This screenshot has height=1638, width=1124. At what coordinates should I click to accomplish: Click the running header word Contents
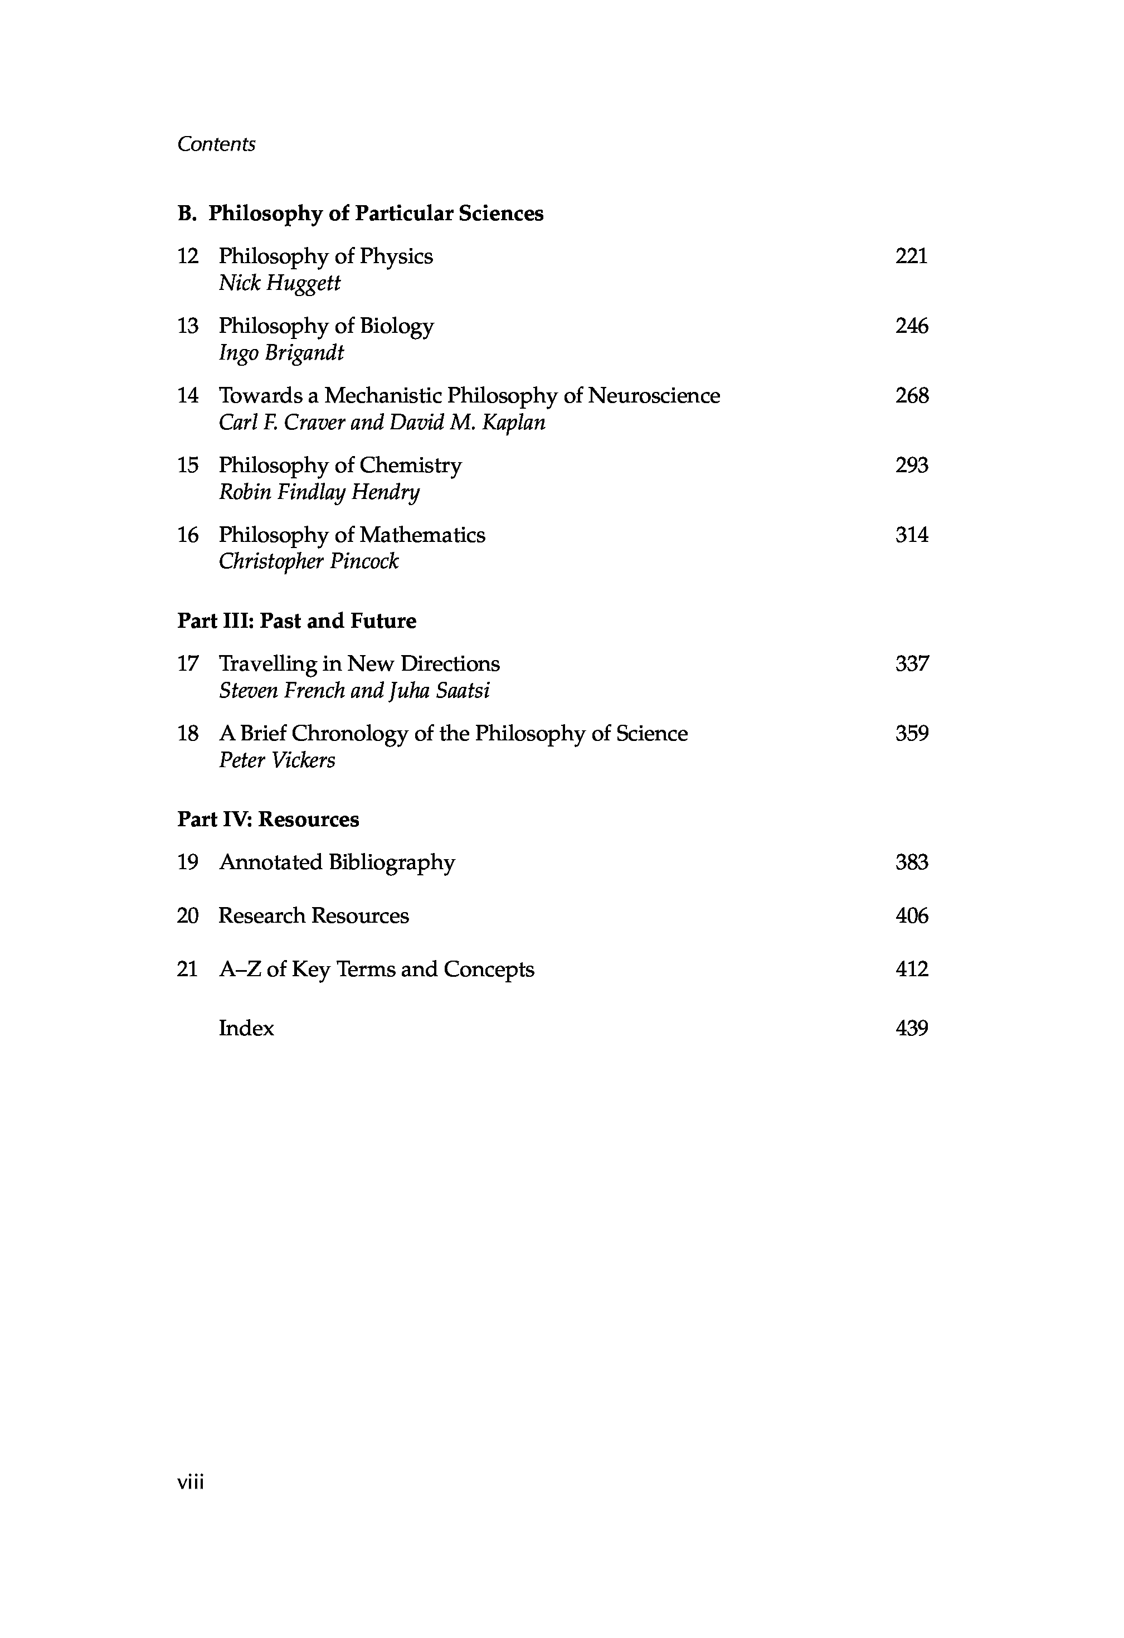click(216, 144)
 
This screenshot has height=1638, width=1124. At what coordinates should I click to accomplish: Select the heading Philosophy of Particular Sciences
click(376, 213)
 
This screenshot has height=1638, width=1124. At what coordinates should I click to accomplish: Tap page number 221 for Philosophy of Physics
click(911, 256)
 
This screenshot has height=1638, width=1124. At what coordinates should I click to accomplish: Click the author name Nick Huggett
click(279, 283)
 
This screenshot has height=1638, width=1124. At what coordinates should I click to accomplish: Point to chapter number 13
click(187, 326)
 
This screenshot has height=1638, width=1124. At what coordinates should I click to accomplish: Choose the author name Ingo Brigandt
click(281, 352)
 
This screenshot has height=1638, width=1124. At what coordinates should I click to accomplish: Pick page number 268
click(912, 395)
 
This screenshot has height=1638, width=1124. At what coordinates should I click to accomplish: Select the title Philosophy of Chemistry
click(340, 465)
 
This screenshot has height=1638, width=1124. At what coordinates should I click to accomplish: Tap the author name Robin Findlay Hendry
click(319, 492)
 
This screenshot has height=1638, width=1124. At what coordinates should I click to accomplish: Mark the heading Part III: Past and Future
click(296, 621)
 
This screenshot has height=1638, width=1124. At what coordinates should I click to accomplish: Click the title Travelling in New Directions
click(359, 664)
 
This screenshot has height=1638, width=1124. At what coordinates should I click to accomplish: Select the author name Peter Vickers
click(277, 760)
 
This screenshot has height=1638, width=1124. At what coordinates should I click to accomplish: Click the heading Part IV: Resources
click(268, 819)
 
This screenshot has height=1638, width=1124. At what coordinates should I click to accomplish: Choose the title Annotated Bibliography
click(337, 862)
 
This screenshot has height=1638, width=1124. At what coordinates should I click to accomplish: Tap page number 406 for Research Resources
click(912, 915)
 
